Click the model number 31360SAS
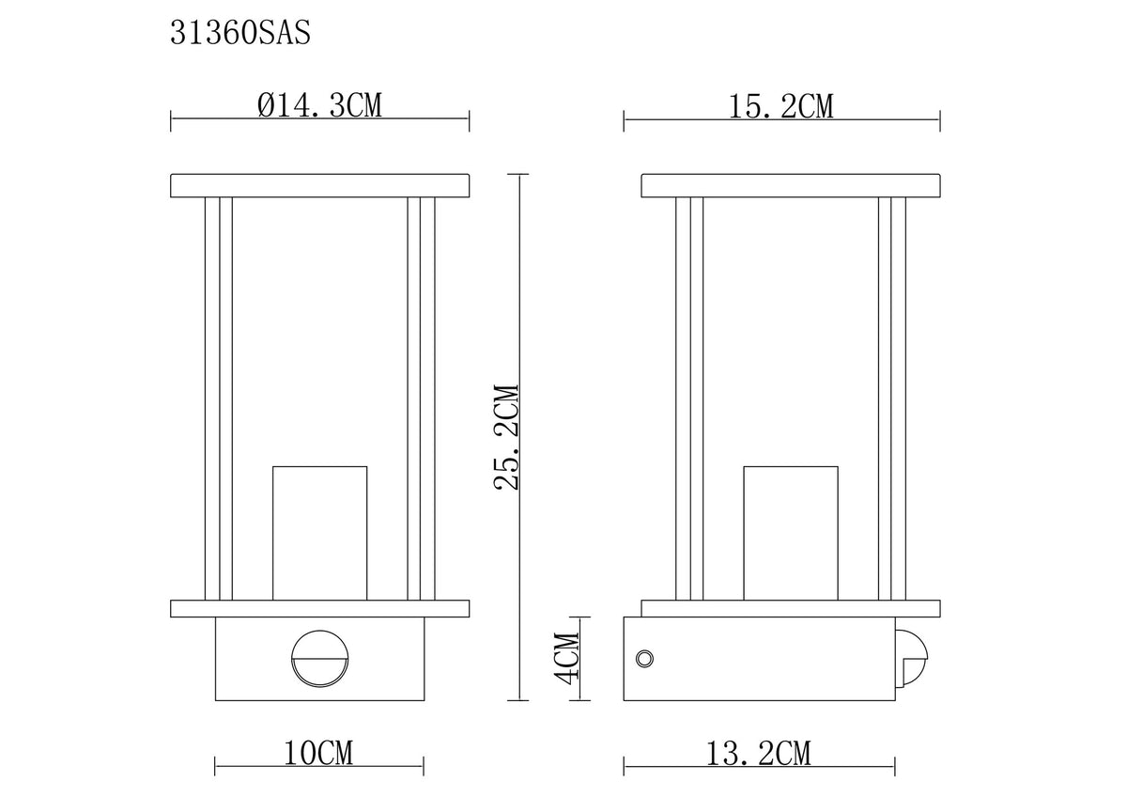tap(240, 33)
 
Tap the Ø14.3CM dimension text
tap(319, 105)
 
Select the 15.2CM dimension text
tap(780, 107)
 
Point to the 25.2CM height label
tap(505, 437)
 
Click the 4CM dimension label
tap(566, 659)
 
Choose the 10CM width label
tap(319, 754)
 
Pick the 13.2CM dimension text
tap(759, 754)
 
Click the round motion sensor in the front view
tap(319, 660)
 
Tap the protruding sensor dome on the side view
tap(912, 659)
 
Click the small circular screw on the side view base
tap(644, 659)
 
